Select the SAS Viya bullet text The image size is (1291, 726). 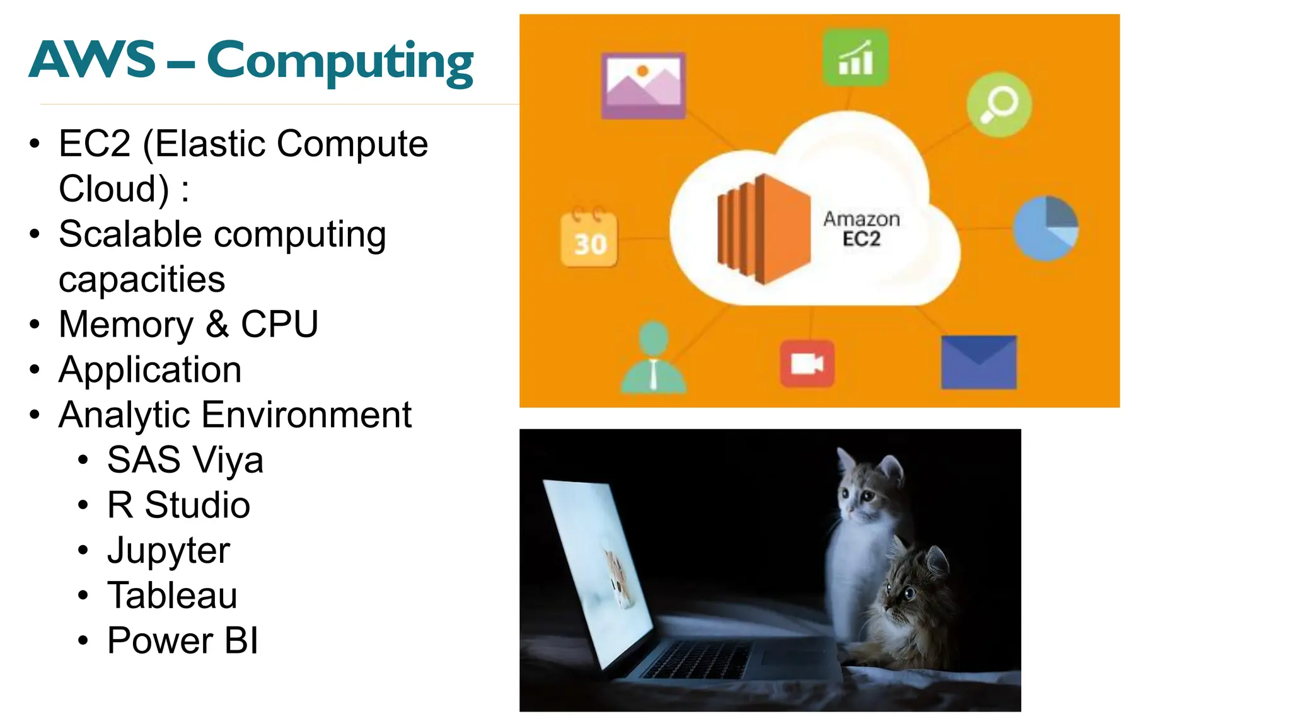click(x=185, y=460)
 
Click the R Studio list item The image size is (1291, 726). click(x=178, y=505)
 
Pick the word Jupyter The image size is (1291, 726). click(x=168, y=551)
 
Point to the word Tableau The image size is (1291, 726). click(x=172, y=596)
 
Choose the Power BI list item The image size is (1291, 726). click(x=183, y=641)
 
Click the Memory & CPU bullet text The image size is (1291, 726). click(x=188, y=325)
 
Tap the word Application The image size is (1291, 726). click(x=150, y=370)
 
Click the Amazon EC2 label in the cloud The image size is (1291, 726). click(x=861, y=229)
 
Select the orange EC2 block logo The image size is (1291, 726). click(x=763, y=229)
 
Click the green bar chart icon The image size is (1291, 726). click(x=855, y=58)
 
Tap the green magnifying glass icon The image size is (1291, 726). click(x=999, y=105)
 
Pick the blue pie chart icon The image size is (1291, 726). click(x=1045, y=228)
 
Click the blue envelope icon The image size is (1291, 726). click(x=978, y=362)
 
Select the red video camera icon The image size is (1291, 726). click(x=807, y=364)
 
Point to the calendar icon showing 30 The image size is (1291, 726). click(x=589, y=239)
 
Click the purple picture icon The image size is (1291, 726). click(x=643, y=85)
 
